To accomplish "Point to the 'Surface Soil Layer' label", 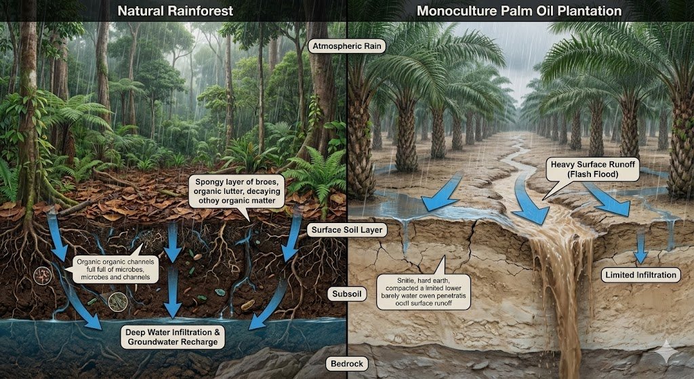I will (347, 230).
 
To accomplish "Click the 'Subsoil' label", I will (346, 294).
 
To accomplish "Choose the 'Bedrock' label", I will (346, 364).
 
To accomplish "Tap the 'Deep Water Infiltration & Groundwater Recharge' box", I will (173, 336).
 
